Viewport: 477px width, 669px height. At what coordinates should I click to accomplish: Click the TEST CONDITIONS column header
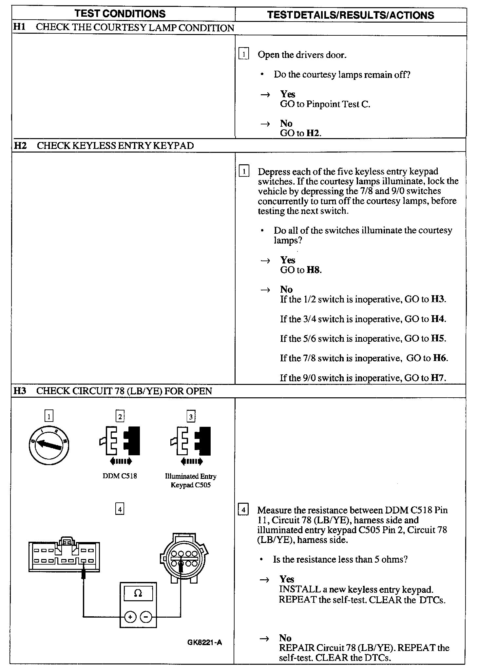click(120, 14)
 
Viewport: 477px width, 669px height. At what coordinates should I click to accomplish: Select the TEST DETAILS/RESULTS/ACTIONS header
click(350, 15)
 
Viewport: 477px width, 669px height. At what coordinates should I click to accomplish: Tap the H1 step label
click(19, 27)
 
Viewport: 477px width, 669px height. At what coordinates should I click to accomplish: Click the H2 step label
click(20, 145)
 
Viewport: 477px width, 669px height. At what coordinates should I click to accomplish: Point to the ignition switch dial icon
click(49, 445)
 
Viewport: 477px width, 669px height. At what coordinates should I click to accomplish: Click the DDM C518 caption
click(120, 476)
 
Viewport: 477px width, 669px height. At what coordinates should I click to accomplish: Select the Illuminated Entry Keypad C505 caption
click(190, 480)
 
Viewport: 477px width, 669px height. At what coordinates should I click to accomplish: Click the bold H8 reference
click(314, 270)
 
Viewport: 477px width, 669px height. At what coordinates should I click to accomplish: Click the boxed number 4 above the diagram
click(120, 509)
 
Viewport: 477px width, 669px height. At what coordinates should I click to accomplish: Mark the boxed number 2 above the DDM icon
click(120, 417)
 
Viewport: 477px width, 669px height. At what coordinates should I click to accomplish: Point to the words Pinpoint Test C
click(338, 104)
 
